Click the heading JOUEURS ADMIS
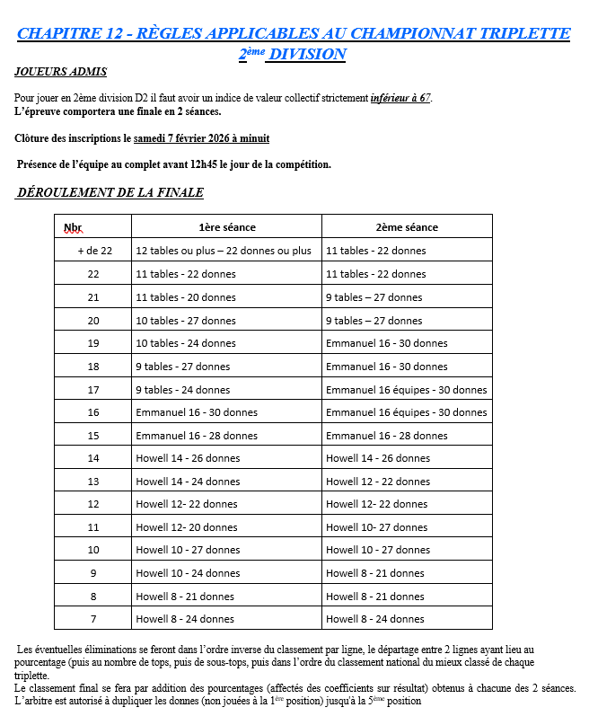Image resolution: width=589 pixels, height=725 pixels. point(61,71)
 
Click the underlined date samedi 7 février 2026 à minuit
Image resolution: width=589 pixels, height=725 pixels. point(201,138)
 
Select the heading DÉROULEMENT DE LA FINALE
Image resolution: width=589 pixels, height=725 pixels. point(110,192)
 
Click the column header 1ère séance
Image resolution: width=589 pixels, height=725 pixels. point(226,226)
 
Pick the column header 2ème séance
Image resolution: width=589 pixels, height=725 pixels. point(406,226)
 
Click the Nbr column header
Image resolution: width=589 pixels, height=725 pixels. point(74,227)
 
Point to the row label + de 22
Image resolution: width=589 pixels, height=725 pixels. point(93,251)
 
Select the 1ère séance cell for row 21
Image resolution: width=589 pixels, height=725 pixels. point(185,296)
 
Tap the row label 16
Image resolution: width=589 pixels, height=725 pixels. point(93,411)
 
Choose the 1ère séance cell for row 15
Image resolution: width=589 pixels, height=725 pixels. point(196,435)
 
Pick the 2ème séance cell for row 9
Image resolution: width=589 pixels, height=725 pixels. point(374,572)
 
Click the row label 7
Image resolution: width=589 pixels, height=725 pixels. point(93,618)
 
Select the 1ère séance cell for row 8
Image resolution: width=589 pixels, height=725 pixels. point(184,596)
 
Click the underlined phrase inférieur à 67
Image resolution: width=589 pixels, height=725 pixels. point(400,97)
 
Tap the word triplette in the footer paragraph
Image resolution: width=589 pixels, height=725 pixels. point(31,675)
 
